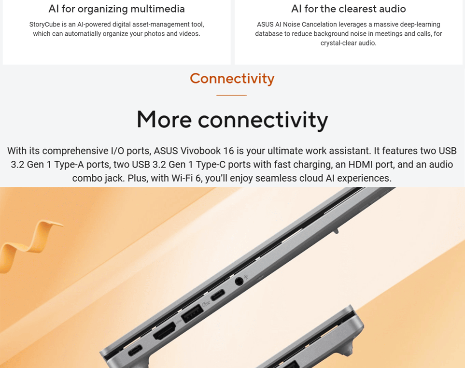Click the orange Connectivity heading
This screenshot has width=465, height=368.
(x=232, y=79)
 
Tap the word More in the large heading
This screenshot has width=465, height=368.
(x=164, y=119)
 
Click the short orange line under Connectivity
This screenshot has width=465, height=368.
(x=231, y=95)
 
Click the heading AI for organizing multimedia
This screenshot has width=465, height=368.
(x=116, y=9)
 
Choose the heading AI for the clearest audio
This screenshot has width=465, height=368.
(x=349, y=9)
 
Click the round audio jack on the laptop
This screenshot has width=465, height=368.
(x=239, y=281)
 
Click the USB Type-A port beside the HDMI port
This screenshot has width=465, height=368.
(x=192, y=313)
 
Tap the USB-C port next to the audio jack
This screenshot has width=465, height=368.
(x=218, y=295)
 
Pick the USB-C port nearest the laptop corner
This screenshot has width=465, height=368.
(x=135, y=351)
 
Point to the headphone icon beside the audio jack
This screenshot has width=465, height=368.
(x=246, y=277)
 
